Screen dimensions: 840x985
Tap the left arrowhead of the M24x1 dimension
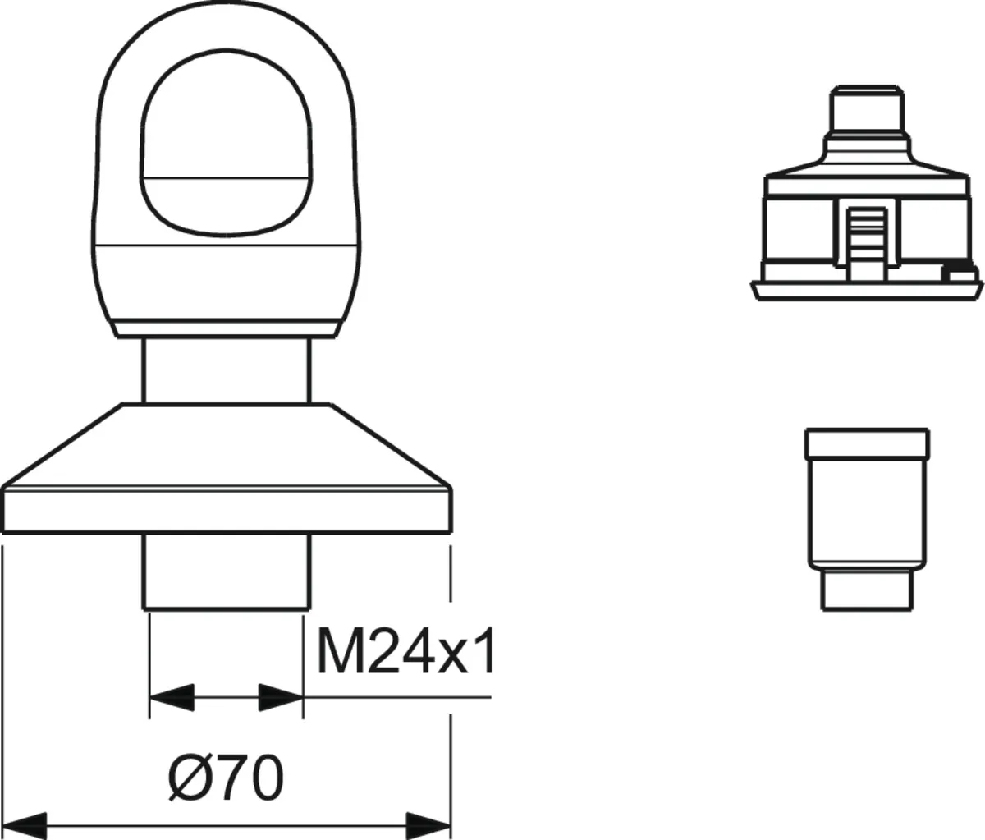point(172,697)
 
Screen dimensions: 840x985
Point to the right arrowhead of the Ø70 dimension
point(428,824)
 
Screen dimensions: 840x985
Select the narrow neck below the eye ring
point(227,370)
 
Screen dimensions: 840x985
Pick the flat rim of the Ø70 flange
point(227,509)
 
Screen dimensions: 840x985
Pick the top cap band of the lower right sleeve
point(868,444)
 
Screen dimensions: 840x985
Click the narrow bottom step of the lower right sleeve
point(868,590)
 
